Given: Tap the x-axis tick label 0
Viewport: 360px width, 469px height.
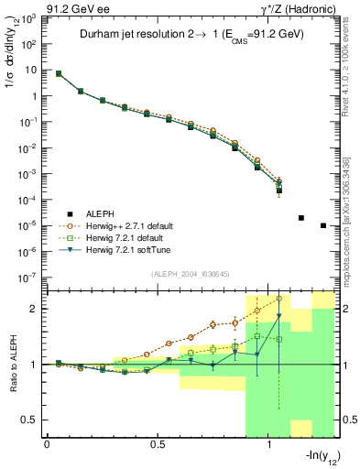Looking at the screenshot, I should click(x=47, y=444).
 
